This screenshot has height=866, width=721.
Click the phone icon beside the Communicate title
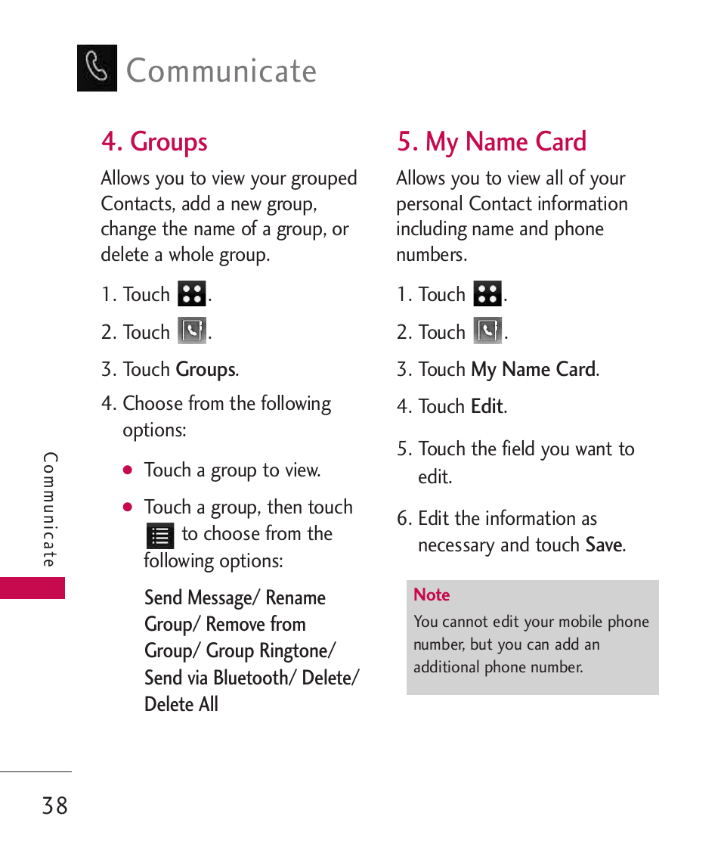(x=97, y=68)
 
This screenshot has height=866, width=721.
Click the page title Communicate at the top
(x=221, y=71)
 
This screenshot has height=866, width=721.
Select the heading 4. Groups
(x=154, y=142)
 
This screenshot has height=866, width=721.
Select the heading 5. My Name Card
(x=491, y=142)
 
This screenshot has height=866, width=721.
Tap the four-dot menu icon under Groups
(x=192, y=293)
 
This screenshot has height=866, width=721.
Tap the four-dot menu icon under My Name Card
(x=487, y=293)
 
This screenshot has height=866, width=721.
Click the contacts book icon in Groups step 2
(x=192, y=331)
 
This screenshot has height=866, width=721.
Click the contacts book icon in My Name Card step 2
(x=487, y=331)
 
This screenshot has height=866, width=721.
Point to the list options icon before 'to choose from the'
(x=160, y=535)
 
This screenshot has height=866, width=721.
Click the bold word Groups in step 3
(x=206, y=370)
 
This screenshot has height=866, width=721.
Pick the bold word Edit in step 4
(x=487, y=407)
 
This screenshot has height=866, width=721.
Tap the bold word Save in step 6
(x=604, y=545)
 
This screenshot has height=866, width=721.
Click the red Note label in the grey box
(x=432, y=595)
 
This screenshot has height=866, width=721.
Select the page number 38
(x=55, y=806)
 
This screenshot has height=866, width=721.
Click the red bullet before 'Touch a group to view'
(x=128, y=470)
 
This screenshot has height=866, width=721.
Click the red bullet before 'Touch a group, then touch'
(x=128, y=507)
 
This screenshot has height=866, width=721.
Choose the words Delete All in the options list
(x=181, y=704)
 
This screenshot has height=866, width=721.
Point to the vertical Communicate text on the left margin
(x=50, y=510)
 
